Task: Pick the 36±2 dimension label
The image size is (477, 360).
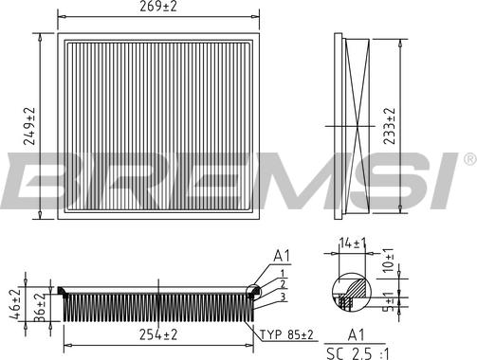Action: pyautogui.click(x=39, y=308)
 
